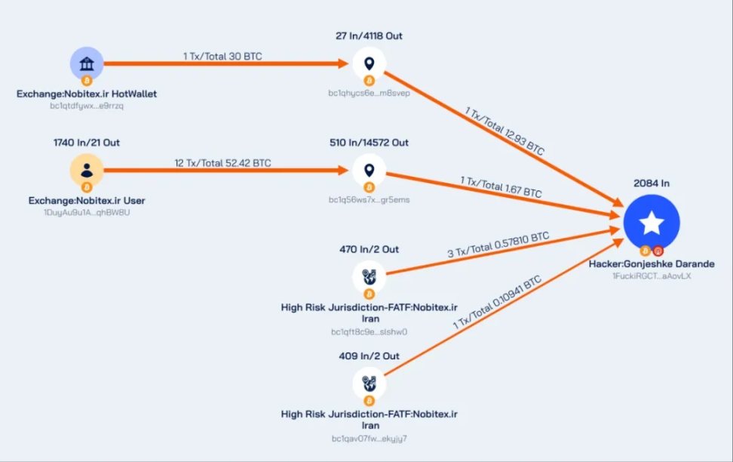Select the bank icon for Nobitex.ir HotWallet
[87, 63]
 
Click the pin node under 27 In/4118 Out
[370, 63]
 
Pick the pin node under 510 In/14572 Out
[370, 171]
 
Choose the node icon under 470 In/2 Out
[370, 277]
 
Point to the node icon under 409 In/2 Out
[370, 383]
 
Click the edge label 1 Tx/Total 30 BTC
[222, 57]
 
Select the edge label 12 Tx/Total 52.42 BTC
[222, 163]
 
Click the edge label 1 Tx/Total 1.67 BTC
[501, 187]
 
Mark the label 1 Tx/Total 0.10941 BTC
[498, 302]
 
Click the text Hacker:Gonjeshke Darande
[652, 264]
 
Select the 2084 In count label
[652, 183]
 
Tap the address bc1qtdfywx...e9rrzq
[87, 106]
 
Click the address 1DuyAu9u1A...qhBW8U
[87, 212]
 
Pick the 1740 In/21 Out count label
[87, 142]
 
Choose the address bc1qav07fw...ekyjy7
[369, 438]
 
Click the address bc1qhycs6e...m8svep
[369, 93]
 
